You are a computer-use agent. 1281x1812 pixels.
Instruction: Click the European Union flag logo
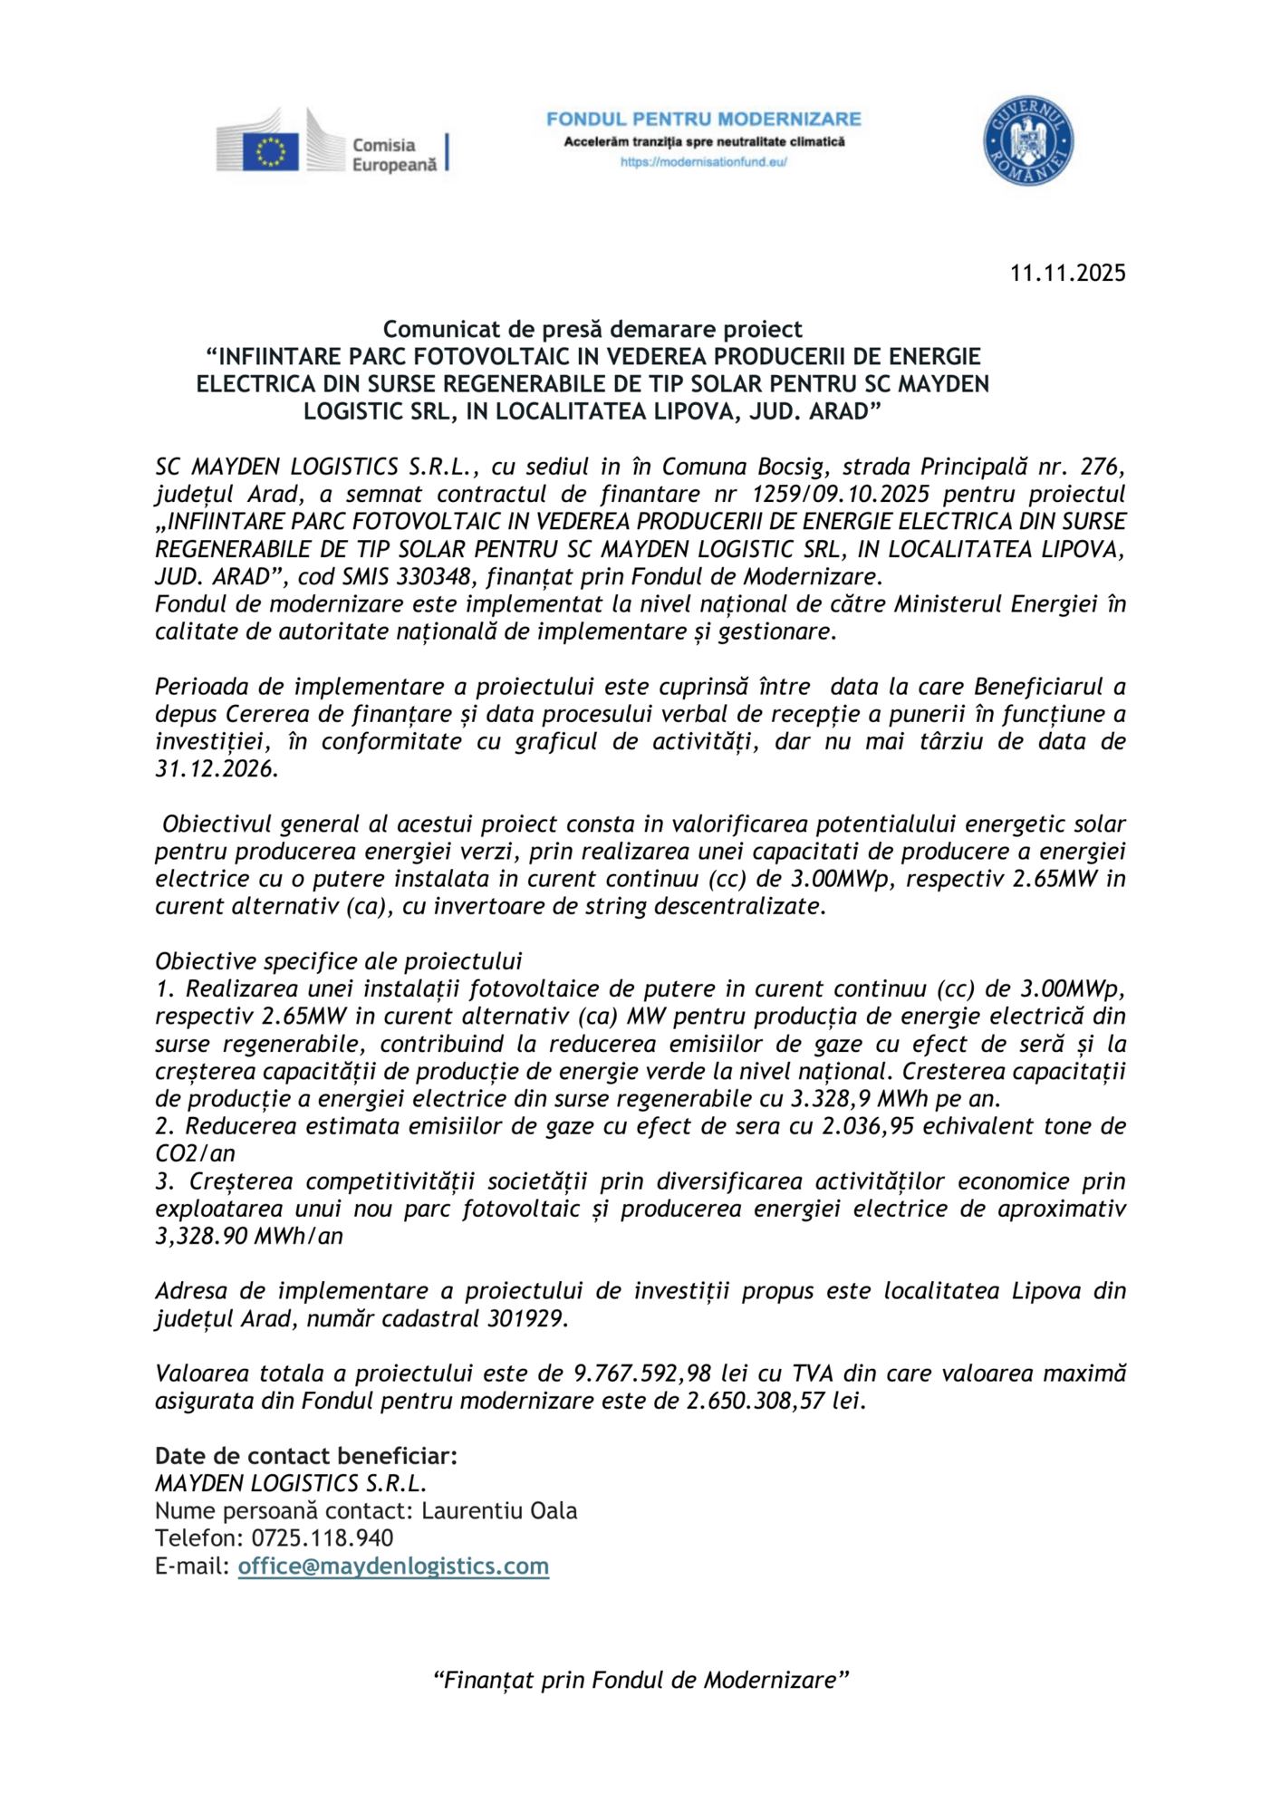point(270,151)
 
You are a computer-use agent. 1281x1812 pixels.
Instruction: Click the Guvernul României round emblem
point(1028,141)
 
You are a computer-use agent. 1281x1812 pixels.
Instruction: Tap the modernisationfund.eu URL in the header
point(703,162)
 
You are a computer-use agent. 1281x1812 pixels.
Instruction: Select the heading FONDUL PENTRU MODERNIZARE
point(703,119)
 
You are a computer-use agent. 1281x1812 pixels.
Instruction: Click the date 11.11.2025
point(1067,273)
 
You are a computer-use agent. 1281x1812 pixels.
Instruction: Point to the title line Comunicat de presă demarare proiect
point(592,329)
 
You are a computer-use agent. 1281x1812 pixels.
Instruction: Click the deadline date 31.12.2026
point(216,769)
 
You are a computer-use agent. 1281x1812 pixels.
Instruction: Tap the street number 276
point(1103,467)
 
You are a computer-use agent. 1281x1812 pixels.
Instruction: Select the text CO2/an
point(195,1153)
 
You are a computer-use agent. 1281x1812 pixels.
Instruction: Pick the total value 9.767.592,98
point(648,1373)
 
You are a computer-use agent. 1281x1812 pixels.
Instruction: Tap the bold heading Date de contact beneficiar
point(305,1456)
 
